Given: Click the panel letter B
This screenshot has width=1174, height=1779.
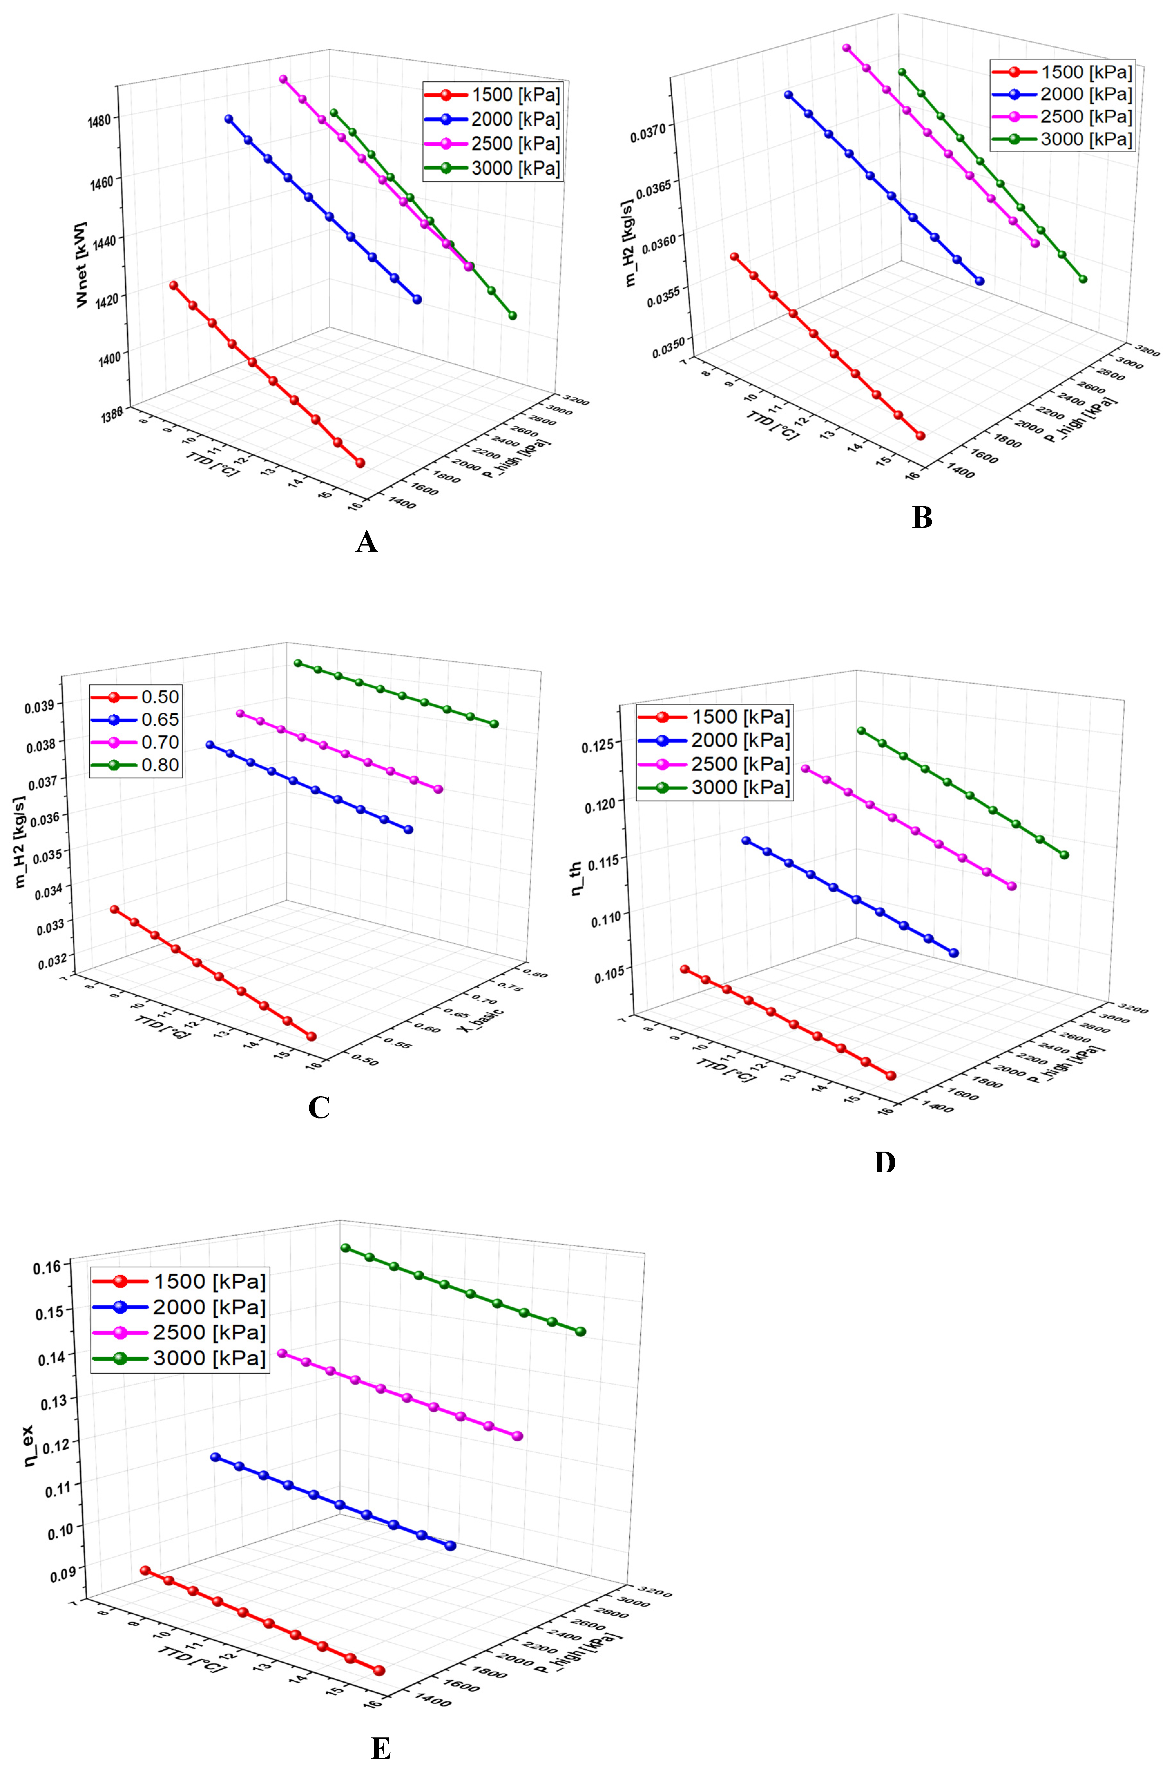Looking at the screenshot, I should click(x=922, y=517).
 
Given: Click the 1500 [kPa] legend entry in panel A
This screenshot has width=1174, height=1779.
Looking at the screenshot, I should click(x=492, y=95).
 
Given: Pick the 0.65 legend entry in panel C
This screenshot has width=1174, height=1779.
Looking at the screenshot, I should click(x=136, y=720).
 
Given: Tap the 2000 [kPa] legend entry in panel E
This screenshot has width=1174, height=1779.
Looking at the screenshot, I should click(x=179, y=1307).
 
